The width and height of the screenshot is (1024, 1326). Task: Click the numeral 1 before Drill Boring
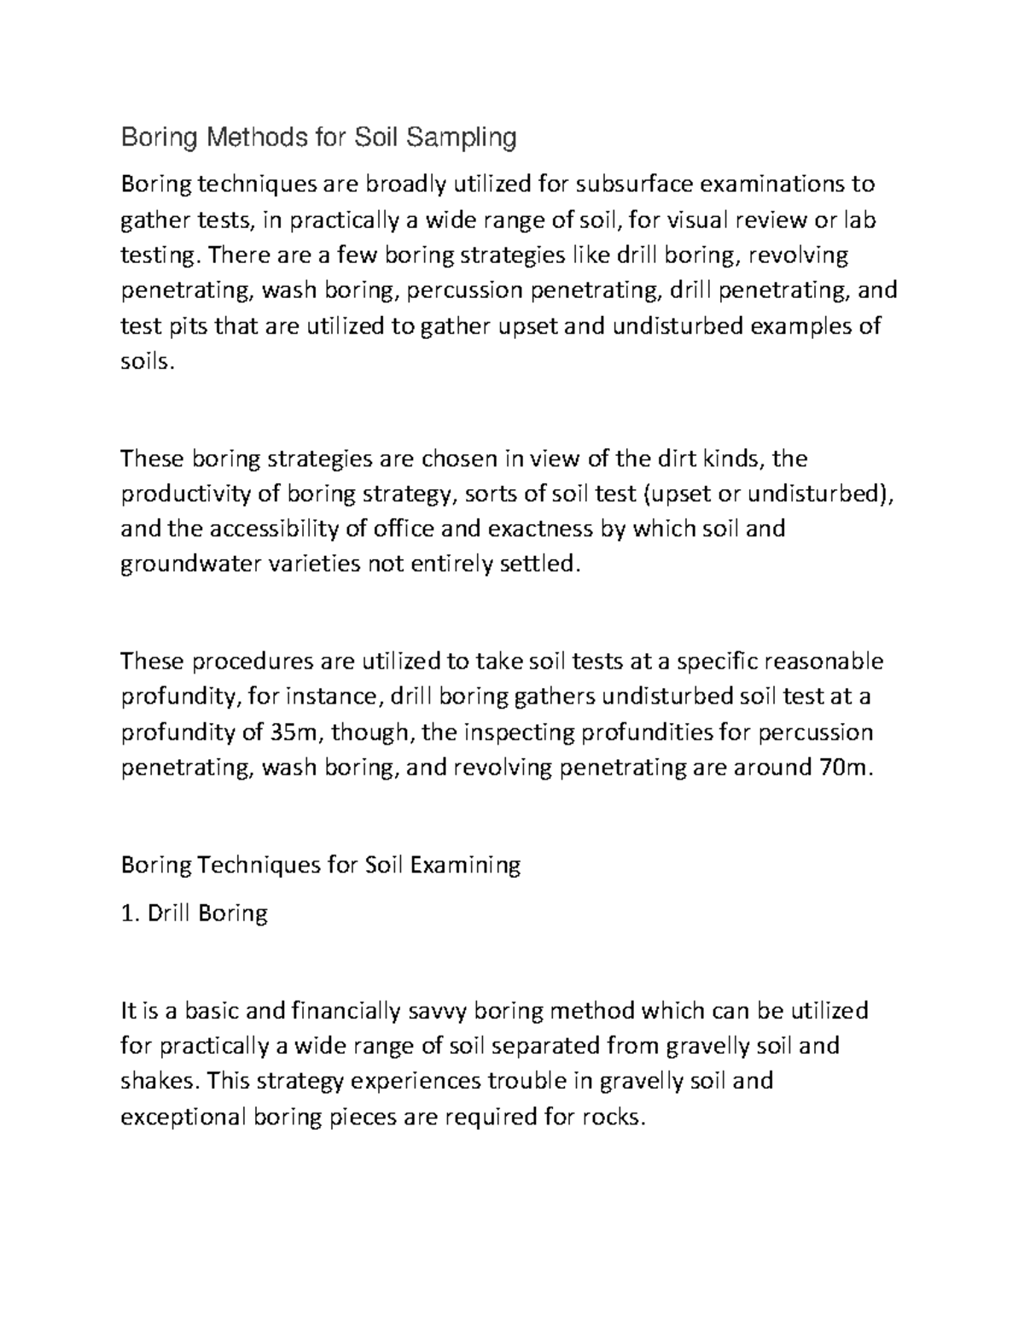pos(127,914)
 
